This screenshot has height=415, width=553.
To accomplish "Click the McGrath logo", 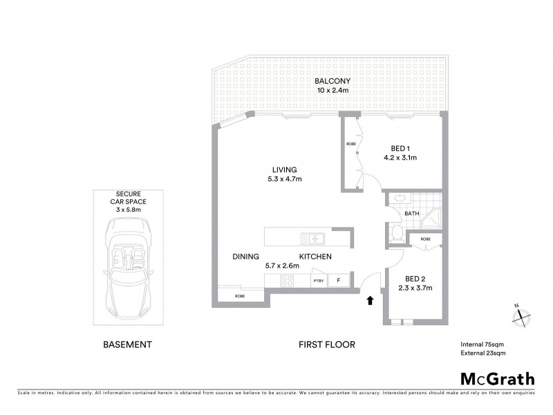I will pos(498,378).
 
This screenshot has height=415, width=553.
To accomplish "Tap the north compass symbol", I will pos(521,315).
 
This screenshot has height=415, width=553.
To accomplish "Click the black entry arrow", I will pos(370,299).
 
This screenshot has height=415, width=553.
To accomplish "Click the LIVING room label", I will pos(284,169).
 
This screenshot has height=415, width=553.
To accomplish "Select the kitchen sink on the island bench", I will pos(313,239).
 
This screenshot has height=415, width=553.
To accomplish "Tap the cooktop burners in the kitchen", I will pos(288,280).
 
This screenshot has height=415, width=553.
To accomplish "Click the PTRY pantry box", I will pos(319,280).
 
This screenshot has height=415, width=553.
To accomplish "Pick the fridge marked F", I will pos(339,280).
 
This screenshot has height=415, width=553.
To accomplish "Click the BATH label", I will pos(412,214).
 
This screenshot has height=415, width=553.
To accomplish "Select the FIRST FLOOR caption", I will pos(326,344).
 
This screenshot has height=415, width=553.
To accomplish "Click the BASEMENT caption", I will pos(127,344).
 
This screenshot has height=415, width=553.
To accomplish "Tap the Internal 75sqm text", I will pos(483,344).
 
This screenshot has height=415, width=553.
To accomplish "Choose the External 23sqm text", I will pos(483,353).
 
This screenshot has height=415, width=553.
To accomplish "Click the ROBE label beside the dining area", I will pos(239,296).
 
